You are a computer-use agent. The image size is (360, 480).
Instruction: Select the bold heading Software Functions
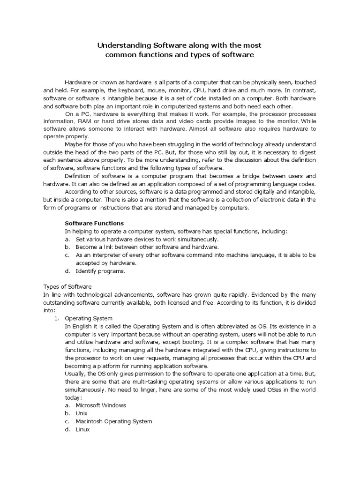tap(94, 223)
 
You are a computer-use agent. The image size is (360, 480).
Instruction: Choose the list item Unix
tap(82, 413)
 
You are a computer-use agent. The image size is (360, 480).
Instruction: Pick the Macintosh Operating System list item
tap(114, 421)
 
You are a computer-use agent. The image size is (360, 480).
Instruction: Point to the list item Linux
tap(83, 429)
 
